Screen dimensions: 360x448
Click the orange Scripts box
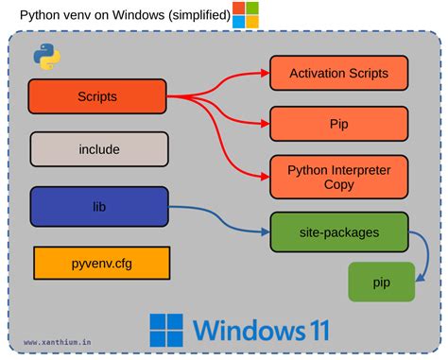97,96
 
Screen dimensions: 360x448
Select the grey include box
99,149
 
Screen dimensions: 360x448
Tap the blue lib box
99,205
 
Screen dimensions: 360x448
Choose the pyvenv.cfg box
101,263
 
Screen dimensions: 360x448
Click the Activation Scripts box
337,73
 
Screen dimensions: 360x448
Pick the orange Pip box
337,123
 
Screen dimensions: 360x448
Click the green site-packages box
337,231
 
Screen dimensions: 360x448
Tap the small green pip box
383,282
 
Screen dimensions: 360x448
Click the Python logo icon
47,57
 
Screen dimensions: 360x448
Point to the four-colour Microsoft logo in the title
246,14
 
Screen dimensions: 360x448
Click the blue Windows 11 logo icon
166,330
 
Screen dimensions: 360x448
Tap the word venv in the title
82,15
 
